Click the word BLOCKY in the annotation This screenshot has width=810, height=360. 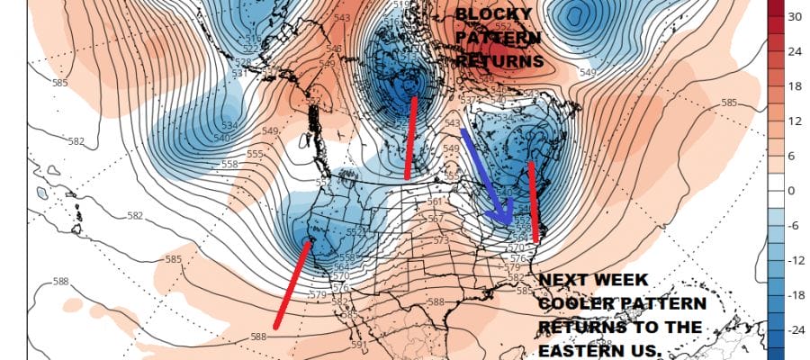[492, 15]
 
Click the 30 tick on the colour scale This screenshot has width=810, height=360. [794, 16]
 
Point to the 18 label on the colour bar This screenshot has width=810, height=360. [794, 86]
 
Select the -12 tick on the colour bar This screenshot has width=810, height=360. [796, 260]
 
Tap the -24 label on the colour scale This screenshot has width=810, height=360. [796, 329]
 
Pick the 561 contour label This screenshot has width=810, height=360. [436, 202]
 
